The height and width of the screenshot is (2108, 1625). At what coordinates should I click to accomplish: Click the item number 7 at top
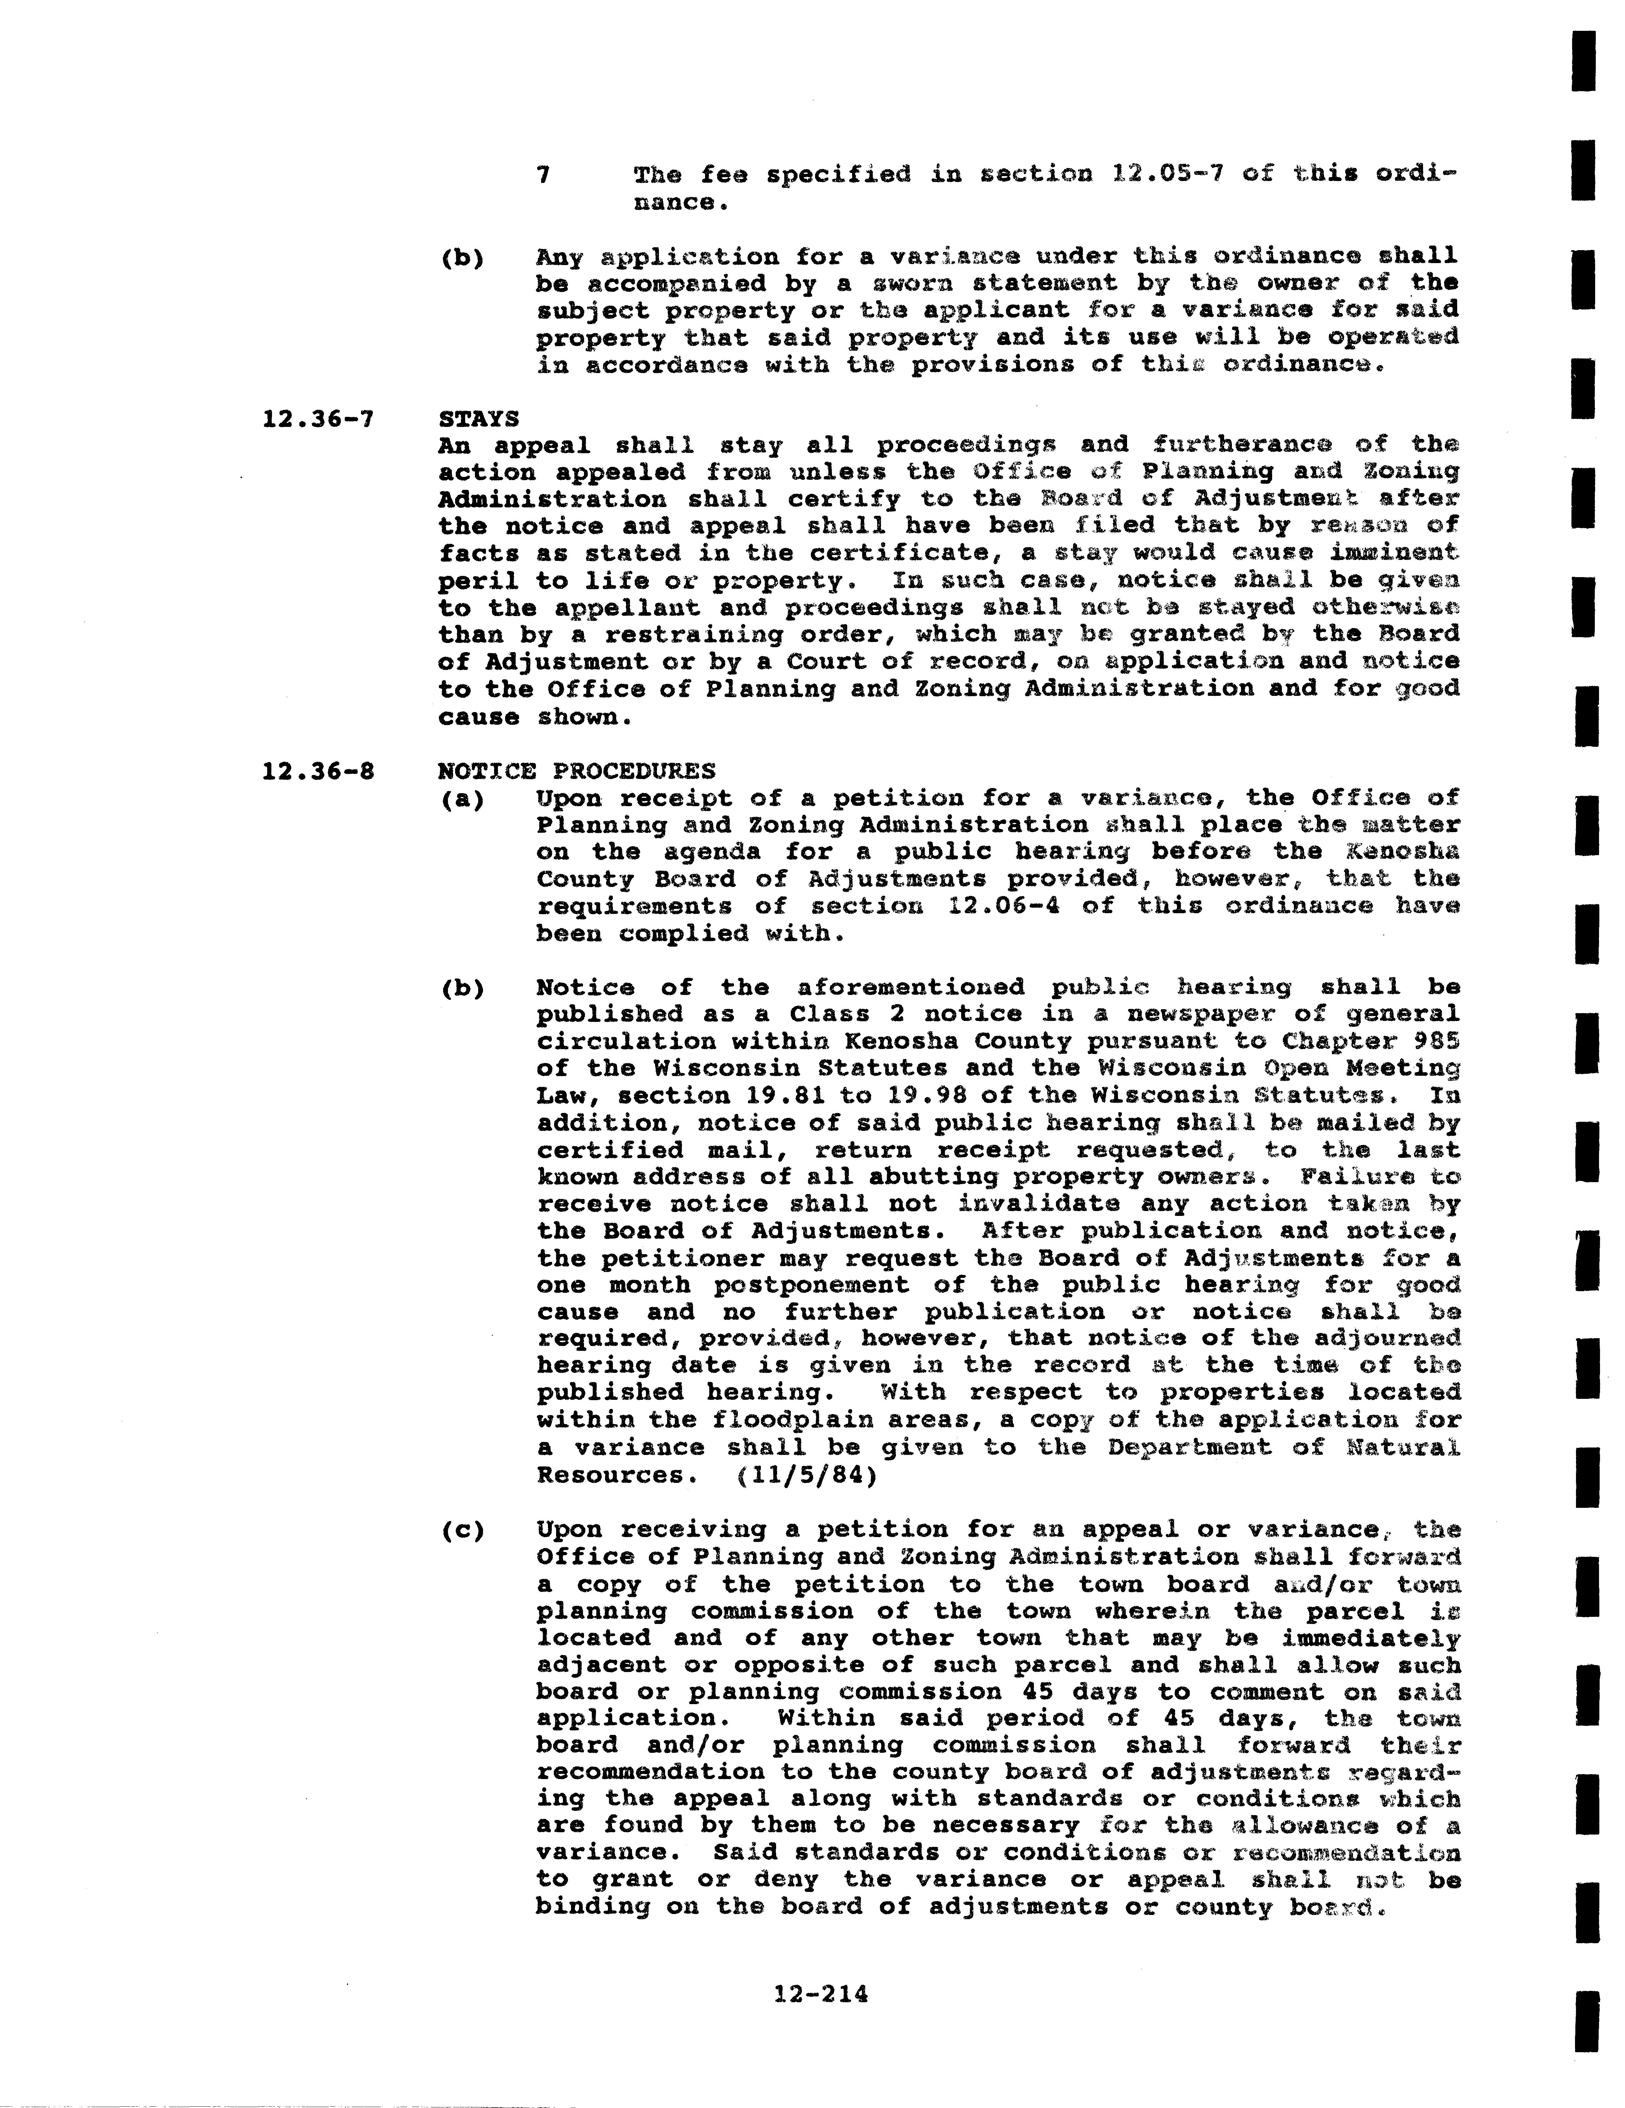544,175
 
